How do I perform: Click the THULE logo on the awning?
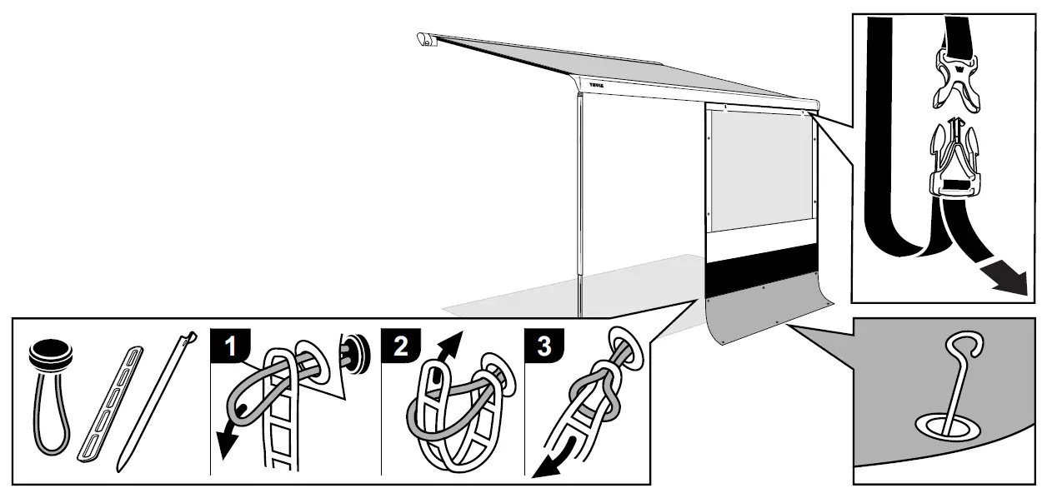click(x=596, y=85)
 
